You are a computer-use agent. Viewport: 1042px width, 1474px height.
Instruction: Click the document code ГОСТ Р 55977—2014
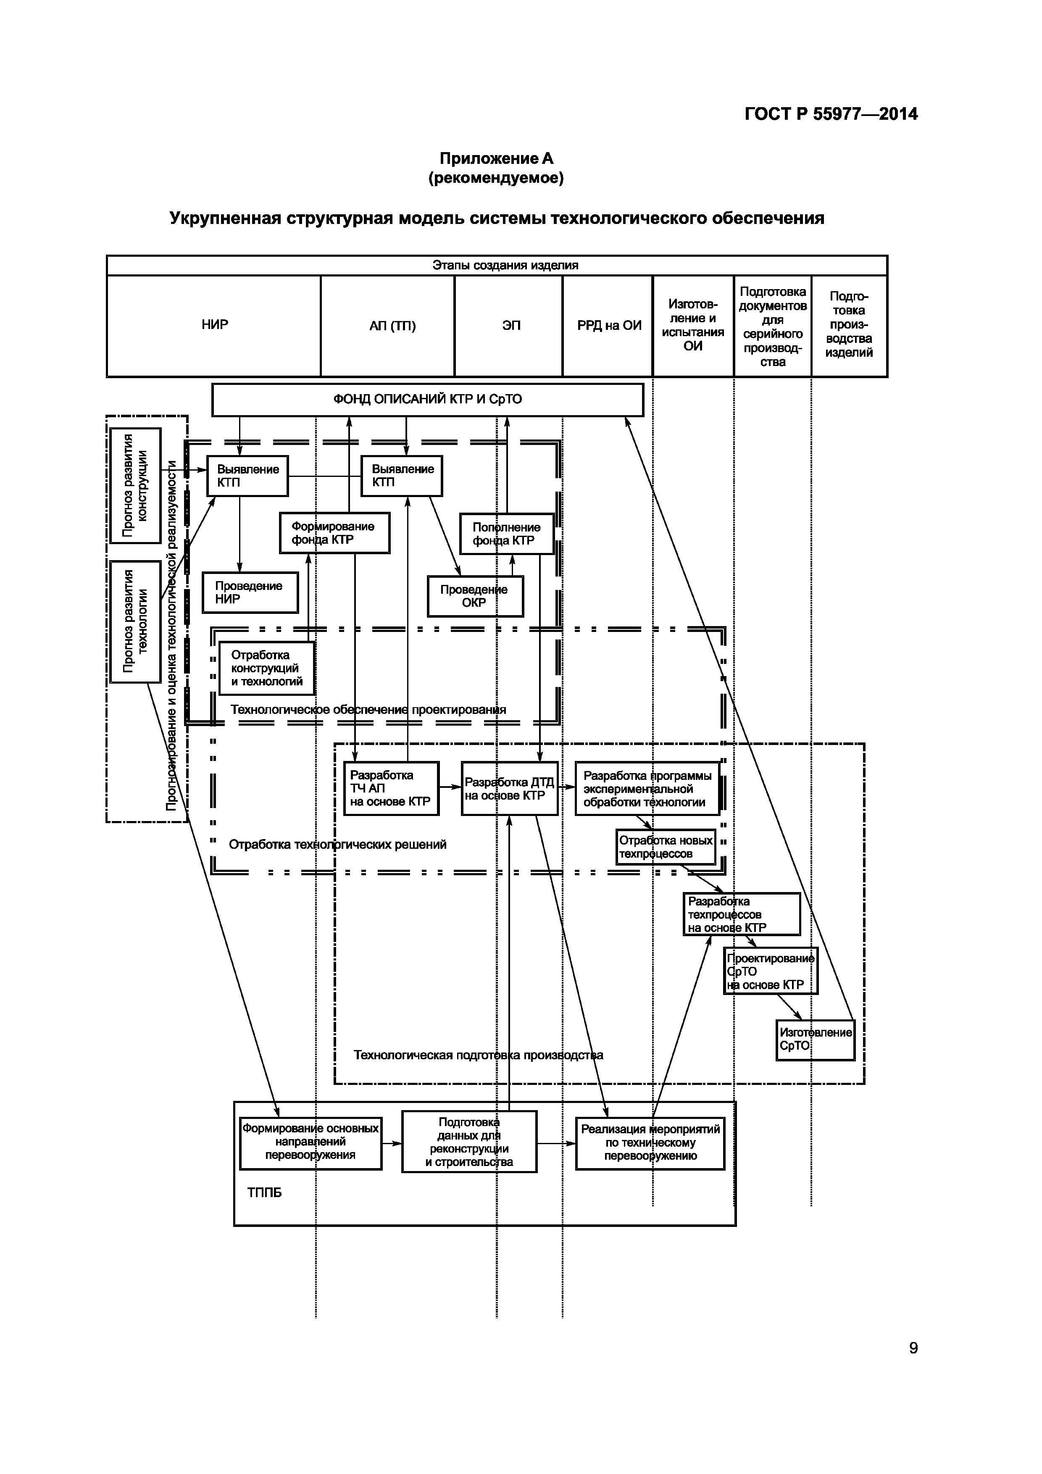[x=831, y=114]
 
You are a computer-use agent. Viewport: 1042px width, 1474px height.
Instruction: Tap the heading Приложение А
[x=496, y=158]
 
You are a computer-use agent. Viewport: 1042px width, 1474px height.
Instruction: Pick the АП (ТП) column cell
[x=392, y=326]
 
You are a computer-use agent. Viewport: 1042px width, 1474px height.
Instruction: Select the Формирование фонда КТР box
[x=334, y=533]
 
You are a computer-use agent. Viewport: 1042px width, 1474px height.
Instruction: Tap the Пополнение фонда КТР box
[x=506, y=534]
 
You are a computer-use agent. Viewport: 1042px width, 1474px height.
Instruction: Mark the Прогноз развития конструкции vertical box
[x=135, y=485]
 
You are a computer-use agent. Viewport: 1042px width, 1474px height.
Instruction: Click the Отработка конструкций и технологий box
[x=266, y=669]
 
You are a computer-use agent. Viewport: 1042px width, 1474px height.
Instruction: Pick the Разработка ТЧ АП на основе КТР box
[x=391, y=788]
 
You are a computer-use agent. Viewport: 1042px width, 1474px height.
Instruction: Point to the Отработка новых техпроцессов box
[x=666, y=847]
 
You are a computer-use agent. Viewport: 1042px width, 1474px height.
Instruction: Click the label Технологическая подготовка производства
[x=478, y=1055]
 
